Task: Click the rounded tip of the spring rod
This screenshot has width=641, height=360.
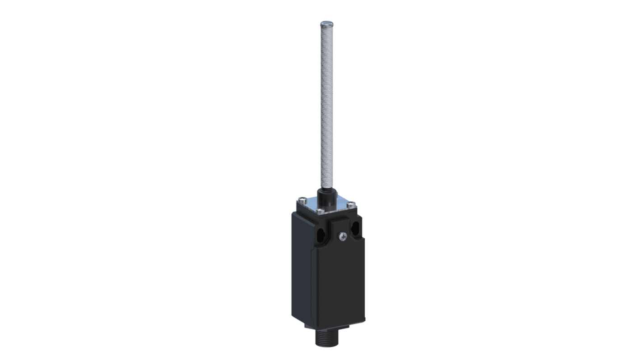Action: coord(326,23)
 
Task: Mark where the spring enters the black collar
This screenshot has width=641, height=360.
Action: coord(326,189)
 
